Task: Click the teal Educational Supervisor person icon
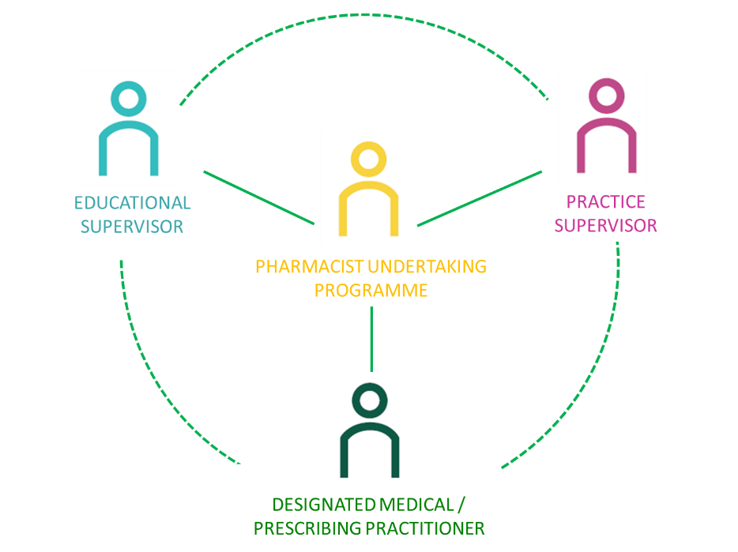point(129,129)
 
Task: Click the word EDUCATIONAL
point(132,203)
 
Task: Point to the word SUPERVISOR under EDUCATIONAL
point(132,227)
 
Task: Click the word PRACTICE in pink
point(605,202)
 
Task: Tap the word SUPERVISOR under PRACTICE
point(605,226)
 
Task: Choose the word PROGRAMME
point(371,291)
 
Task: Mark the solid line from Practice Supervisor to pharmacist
point(480,197)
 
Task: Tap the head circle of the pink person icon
point(607,96)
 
